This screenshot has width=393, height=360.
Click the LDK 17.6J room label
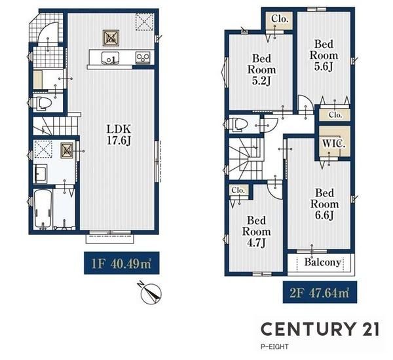(119, 135)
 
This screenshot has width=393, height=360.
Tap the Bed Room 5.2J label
(261, 69)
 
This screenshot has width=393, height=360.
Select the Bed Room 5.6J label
(324, 56)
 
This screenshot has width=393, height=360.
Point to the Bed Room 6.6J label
(325, 204)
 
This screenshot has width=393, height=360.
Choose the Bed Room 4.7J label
(256, 232)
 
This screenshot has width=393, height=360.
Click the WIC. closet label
(334, 144)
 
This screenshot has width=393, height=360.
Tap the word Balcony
(323, 262)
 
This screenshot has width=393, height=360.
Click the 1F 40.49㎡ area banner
(122, 263)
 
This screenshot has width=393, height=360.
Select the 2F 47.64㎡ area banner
(320, 293)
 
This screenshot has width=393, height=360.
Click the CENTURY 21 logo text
(320, 329)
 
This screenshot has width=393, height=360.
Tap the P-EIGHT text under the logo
(274, 347)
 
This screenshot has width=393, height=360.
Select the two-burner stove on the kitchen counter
(143, 58)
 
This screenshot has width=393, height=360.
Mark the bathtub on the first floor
(43, 209)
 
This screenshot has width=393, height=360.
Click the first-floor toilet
(41, 103)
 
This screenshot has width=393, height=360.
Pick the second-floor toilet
(237, 124)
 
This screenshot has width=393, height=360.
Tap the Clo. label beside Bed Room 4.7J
(238, 190)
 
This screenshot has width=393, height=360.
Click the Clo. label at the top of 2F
(280, 18)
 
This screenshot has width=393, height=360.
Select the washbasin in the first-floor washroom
(40, 173)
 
